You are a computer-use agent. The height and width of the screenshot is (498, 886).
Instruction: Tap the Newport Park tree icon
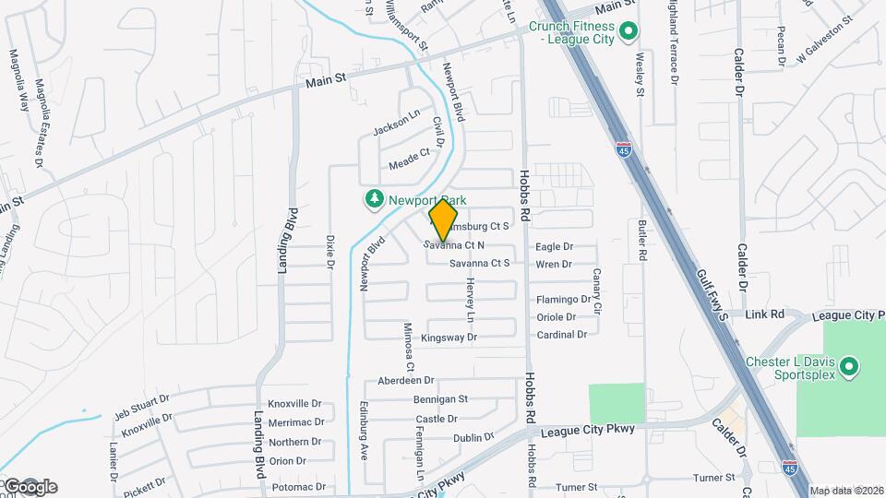tap(375, 199)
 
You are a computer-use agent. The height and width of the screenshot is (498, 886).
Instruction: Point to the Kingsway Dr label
tap(449, 338)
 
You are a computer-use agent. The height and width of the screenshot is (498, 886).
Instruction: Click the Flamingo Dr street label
tap(563, 300)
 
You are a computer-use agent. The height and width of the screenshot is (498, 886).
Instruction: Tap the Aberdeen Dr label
tap(405, 380)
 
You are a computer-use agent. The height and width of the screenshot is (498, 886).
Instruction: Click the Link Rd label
tap(764, 314)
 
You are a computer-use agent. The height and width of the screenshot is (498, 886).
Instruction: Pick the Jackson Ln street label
tap(397, 124)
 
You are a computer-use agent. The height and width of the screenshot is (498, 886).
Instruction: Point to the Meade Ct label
tap(409, 159)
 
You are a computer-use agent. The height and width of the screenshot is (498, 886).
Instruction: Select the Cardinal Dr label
tap(562, 335)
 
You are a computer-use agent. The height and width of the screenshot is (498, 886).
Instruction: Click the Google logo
tap(30, 486)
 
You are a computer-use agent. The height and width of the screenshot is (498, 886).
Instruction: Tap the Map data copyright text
tap(846, 491)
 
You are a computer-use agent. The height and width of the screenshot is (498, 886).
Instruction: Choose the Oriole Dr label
tap(556, 317)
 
